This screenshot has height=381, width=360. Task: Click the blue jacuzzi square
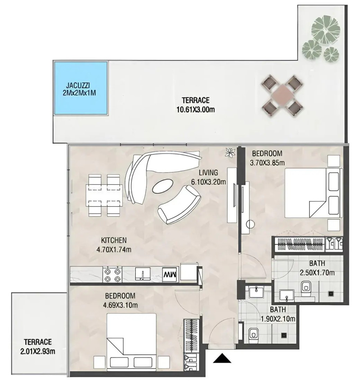tap(81, 88)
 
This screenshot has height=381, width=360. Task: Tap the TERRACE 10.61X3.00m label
tap(196, 105)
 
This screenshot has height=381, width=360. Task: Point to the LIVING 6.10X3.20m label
tap(208, 177)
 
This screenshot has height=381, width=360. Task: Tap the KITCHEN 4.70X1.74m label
tap(114, 245)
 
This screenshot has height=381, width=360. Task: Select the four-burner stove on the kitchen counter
tap(112, 275)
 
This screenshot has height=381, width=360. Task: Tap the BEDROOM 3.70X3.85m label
tap(267, 158)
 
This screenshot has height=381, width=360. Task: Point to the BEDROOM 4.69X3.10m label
tap(120, 300)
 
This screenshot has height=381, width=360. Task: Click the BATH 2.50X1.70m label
tap(317, 268)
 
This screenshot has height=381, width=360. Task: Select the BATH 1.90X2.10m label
tap(278, 314)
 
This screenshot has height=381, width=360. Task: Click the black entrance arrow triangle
tap(222, 358)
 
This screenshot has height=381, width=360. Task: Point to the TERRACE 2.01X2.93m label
tap(38, 346)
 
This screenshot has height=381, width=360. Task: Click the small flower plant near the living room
tap(230, 153)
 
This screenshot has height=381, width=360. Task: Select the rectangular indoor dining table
tap(104, 195)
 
